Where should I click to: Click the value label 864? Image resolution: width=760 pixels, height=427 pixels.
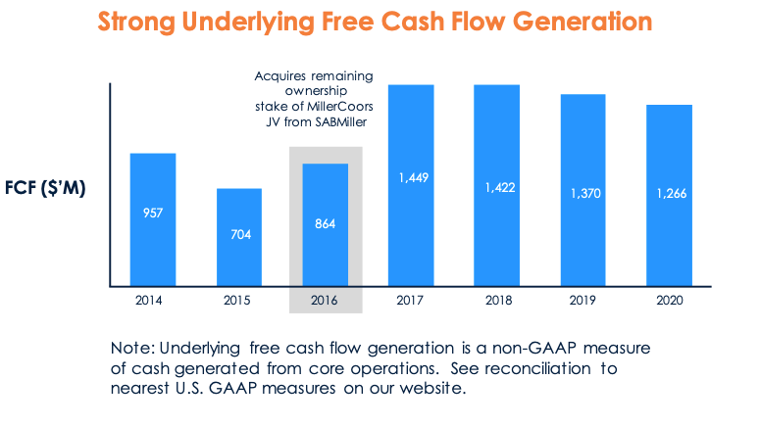(x=325, y=224)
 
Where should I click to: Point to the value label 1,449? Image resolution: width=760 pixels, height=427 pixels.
(x=411, y=177)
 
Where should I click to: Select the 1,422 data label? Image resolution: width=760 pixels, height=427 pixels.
(x=497, y=186)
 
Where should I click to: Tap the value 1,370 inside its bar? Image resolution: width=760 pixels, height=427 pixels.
(x=583, y=194)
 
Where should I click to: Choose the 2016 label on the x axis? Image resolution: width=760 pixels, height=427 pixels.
(x=325, y=301)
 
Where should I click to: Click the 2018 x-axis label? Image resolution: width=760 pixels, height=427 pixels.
(x=497, y=301)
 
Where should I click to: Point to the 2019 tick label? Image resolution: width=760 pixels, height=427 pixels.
(x=583, y=301)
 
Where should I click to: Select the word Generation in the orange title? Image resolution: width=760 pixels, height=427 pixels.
(x=574, y=22)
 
